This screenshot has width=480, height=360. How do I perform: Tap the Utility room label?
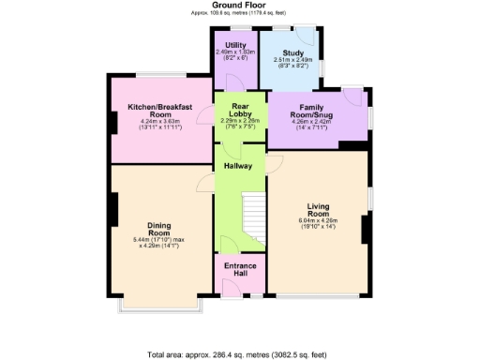pyautogui.click(x=235, y=45)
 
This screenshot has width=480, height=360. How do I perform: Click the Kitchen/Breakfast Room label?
pyautogui.click(x=159, y=112)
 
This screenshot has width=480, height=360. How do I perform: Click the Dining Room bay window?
pyautogui.click(x=157, y=306)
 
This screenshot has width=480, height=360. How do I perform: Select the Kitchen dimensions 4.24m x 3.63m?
pyautogui.click(x=159, y=125)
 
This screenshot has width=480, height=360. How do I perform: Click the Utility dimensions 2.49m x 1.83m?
pyautogui.click(x=235, y=54)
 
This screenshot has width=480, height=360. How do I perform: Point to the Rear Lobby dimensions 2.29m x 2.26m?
pyautogui.click(x=240, y=123)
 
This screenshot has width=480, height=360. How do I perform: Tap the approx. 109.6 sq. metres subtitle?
pyautogui.click(x=241, y=12)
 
